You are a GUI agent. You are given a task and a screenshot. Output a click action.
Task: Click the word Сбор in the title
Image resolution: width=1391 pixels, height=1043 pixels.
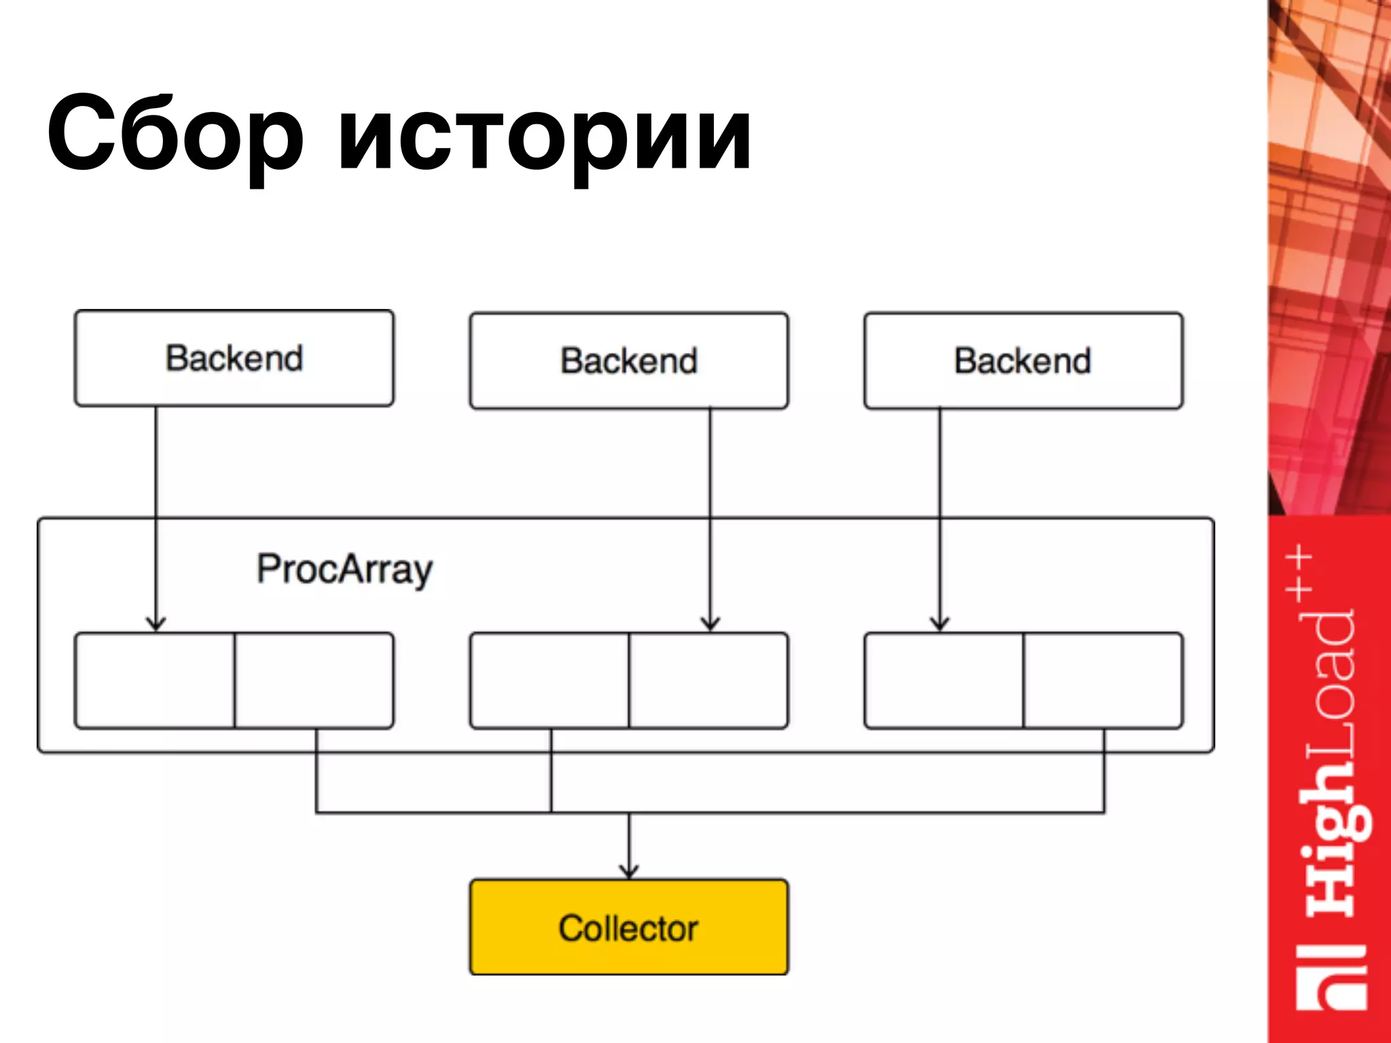pyautogui.click(x=175, y=134)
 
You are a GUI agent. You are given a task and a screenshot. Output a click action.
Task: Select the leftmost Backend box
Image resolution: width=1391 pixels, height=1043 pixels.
pyautogui.click(x=234, y=358)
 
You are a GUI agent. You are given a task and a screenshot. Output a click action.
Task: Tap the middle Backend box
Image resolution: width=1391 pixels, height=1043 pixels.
pyautogui.click(x=628, y=361)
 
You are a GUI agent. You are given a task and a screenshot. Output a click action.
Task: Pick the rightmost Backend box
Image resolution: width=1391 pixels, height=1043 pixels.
pyautogui.click(x=1023, y=361)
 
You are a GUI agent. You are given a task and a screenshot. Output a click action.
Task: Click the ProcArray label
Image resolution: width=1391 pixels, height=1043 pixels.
pyautogui.click(x=344, y=569)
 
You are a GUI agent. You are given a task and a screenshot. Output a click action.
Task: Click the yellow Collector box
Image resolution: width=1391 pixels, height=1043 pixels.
pyautogui.click(x=628, y=928)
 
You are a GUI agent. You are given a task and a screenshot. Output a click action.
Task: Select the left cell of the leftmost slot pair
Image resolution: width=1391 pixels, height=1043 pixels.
pyautogui.click(x=155, y=680)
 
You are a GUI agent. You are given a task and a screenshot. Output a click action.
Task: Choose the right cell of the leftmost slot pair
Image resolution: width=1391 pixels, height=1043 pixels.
pyautogui.click(x=314, y=680)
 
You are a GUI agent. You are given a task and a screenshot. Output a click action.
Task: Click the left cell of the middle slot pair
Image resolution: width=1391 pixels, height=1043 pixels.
pyautogui.click(x=549, y=680)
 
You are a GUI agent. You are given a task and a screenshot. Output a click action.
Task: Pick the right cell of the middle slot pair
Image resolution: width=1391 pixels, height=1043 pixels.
pyautogui.click(x=708, y=680)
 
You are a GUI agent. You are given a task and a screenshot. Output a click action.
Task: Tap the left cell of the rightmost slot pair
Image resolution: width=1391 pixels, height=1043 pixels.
pyautogui.click(x=944, y=680)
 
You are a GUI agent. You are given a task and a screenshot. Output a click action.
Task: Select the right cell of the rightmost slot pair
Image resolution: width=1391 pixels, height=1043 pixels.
pyautogui.click(x=1103, y=680)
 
